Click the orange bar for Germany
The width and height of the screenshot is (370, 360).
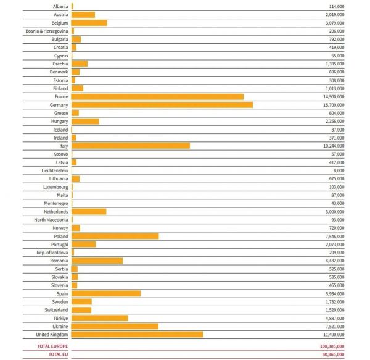point(162,105)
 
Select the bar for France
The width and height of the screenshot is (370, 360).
point(158,97)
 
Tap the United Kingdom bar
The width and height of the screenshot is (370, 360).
point(138,334)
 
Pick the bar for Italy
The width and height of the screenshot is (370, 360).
point(131,146)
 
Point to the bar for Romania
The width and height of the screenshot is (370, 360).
point(97,261)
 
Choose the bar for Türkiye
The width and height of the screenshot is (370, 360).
point(100,318)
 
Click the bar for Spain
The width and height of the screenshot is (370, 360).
point(106,293)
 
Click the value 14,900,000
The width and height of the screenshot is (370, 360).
point(333,97)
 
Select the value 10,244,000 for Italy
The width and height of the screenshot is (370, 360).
point(333,146)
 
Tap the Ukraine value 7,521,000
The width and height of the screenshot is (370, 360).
point(334,326)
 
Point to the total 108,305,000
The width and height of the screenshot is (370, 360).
point(332,346)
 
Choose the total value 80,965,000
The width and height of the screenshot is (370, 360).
point(333,354)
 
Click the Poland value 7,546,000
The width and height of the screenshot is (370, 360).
point(334,236)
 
